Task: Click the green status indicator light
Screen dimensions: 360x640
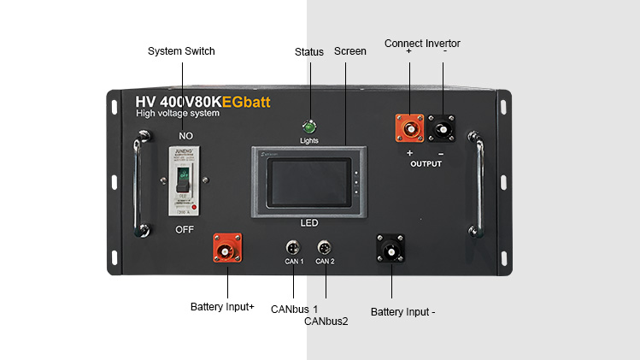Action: (309, 126)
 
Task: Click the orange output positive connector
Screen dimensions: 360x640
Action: (408, 129)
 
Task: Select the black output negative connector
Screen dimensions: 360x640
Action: (443, 129)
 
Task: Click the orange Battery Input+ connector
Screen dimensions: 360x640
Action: (226, 249)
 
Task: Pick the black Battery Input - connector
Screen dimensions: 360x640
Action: (391, 250)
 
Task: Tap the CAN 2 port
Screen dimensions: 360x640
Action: (325, 248)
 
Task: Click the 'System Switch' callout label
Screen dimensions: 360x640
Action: (181, 51)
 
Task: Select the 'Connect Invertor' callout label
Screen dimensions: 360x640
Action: (422, 43)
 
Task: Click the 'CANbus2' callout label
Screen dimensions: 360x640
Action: (326, 322)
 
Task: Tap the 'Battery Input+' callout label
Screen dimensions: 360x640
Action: (222, 306)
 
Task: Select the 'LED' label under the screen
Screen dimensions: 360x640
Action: (308, 222)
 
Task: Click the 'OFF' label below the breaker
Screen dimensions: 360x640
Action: (185, 229)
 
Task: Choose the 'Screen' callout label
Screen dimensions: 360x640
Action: (349, 51)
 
